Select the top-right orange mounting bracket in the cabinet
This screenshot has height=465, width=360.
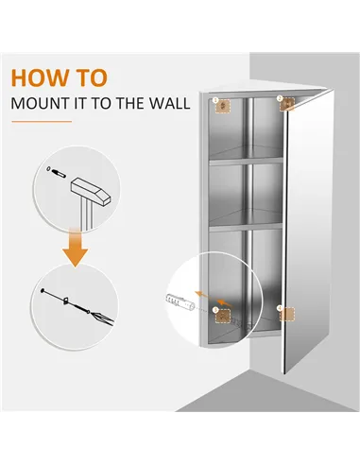283,105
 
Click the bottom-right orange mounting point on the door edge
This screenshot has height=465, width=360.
281,308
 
